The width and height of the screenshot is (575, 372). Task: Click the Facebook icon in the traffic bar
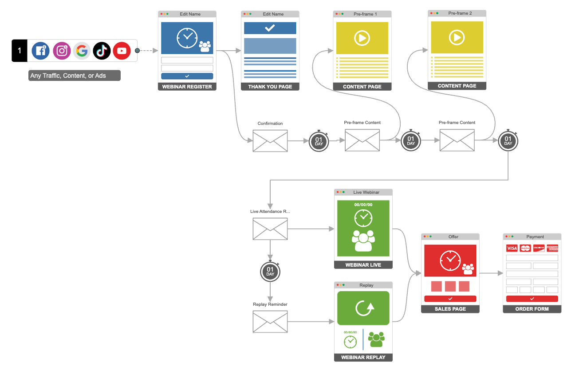pos(40,51)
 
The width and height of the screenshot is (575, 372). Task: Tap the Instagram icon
pos(62,51)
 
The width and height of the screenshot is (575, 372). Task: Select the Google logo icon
pos(82,51)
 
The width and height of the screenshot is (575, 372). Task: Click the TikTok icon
pos(102,51)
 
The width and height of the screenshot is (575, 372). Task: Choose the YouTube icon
pos(122,51)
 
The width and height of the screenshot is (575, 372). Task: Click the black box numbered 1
pos(20,51)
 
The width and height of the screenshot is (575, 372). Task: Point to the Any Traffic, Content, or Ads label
pos(74,76)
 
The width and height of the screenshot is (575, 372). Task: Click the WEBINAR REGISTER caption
pos(187,87)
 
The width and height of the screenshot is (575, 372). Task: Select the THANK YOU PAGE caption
pos(270,87)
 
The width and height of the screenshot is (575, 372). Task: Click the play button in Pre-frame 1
pos(362,38)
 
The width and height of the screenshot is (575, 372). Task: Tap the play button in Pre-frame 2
pos(457,37)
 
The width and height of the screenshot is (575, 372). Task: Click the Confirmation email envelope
pos(270,141)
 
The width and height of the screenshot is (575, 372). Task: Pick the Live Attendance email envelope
pos(270,229)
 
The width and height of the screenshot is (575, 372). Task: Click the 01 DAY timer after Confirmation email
pos(319,141)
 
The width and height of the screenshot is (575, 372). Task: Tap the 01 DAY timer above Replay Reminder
pos(270,272)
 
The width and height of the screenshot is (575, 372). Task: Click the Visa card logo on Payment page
pos(512,248)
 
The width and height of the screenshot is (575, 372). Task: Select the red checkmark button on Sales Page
pos(450,299)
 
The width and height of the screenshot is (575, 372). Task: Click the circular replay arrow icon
pos(363,308)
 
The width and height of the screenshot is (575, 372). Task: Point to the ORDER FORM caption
pos(532,309)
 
